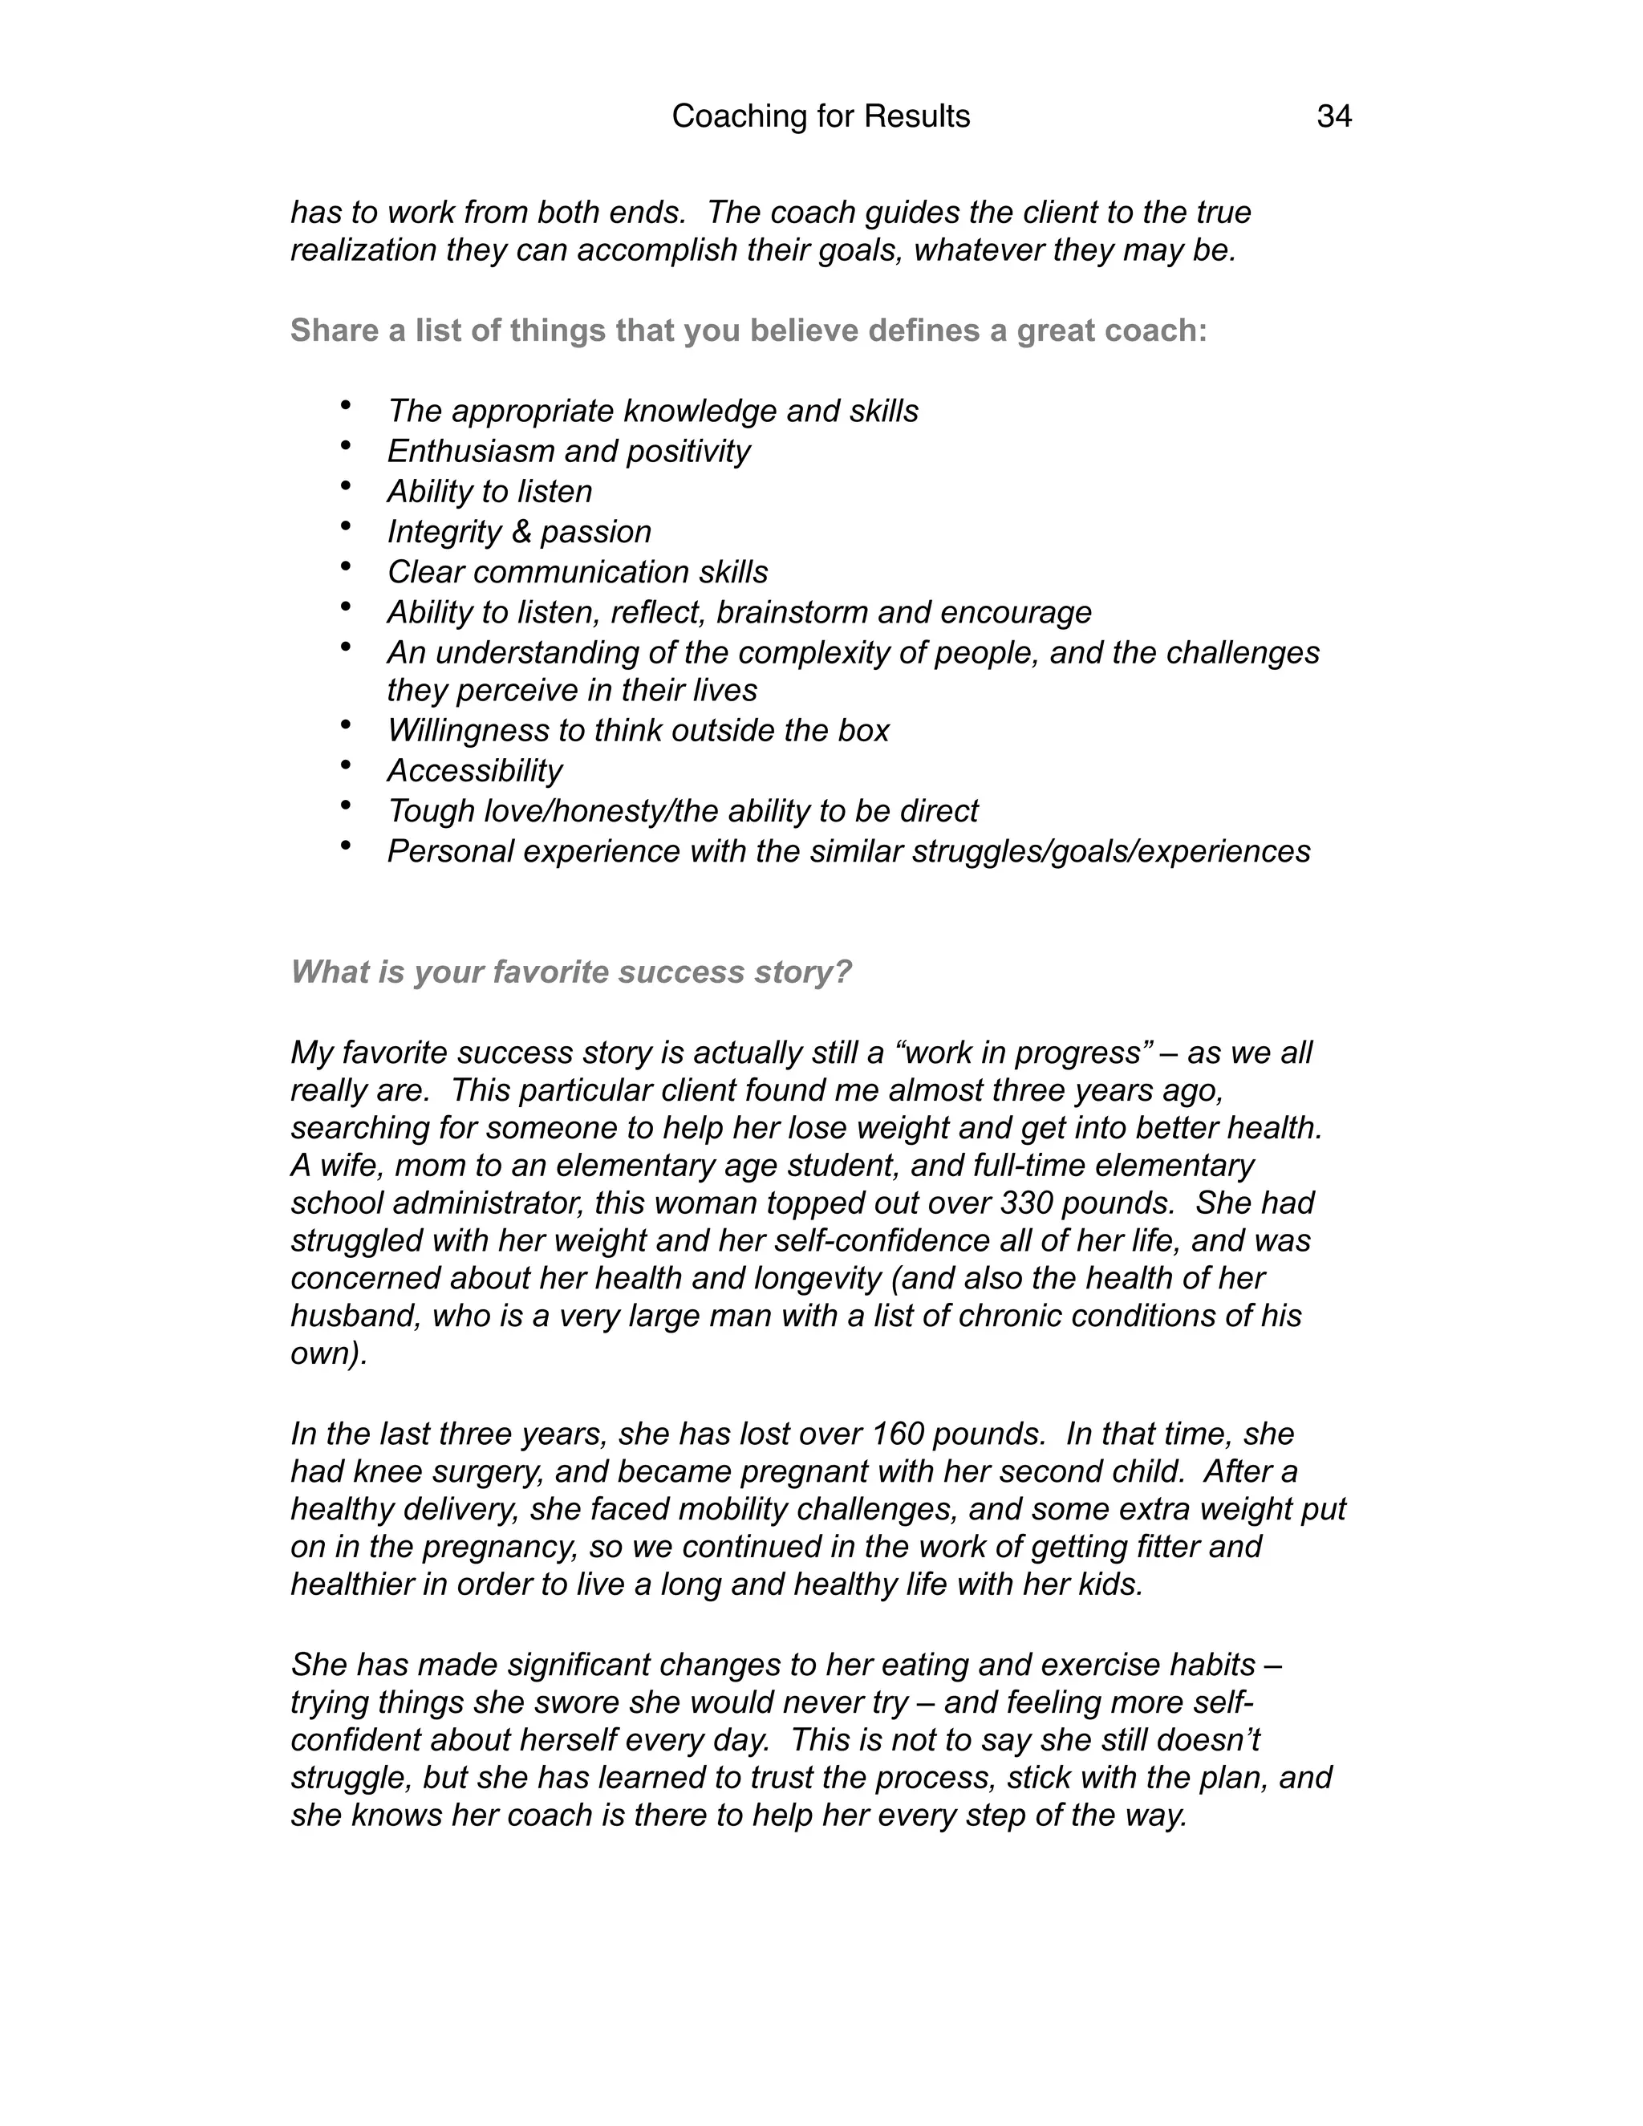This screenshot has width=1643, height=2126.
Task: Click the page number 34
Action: tap(1333, 117)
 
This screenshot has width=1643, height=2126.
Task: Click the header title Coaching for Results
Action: tap(821, 117)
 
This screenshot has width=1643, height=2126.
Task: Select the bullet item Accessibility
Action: tap(474, 770)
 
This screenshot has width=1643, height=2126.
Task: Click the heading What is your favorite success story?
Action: tap(570, 972)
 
